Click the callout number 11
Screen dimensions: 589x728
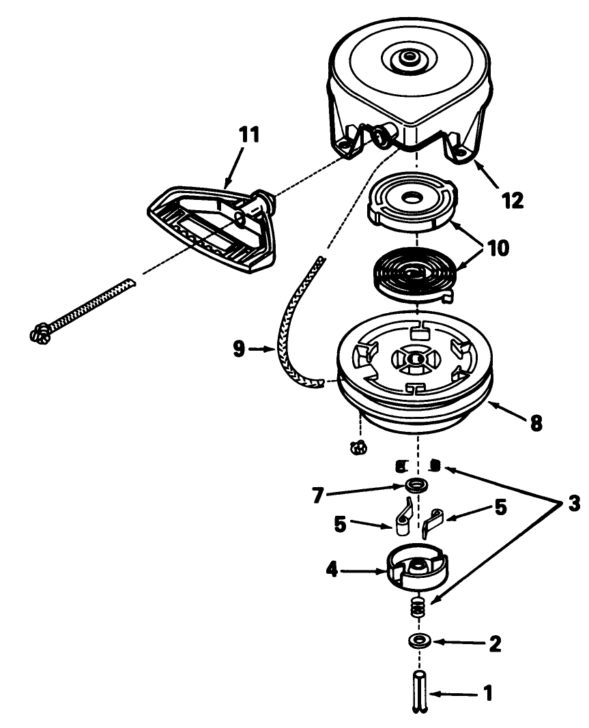[249, 134]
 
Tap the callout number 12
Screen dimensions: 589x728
[513, 201]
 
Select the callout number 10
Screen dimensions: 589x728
[498, 248]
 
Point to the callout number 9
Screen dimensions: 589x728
[239, 349]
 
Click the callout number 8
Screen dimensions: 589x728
[536, 423]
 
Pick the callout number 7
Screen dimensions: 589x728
[318, 495]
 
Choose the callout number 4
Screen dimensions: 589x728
[332, 570]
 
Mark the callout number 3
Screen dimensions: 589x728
[574, 504]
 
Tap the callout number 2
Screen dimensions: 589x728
[495, 644]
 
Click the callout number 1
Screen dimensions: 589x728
[488, 694]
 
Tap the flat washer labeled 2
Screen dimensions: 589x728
[420, 641]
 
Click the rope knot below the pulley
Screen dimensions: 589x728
[358, 448]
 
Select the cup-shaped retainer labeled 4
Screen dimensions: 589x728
[416, 566]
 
